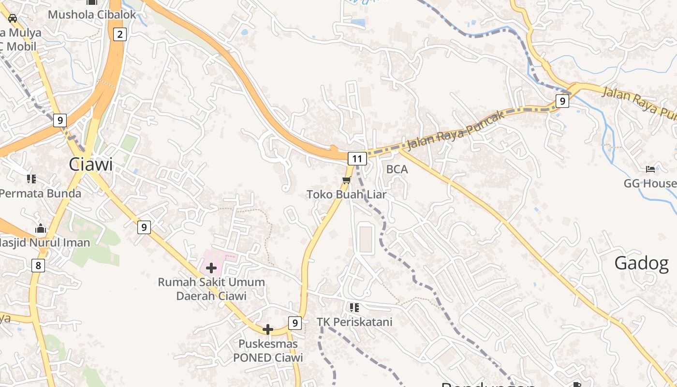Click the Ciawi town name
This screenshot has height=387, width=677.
tap(90, 164)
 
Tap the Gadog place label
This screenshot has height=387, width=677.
tap(641, 263)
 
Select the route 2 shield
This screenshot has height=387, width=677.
tap(119, 34)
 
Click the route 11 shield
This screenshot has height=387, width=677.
tap(357, 158)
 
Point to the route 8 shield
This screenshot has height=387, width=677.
tap(38, 265)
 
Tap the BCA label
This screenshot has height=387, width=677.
tap(397, 169)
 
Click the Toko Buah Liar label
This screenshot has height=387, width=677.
tap(346, 194)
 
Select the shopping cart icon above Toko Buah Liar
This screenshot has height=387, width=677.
tap(346, 180)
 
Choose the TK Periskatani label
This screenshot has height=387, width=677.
tap(354, 322)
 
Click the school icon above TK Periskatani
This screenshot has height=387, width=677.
tap(354, 307)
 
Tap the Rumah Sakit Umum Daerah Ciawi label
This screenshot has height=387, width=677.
tap(211, 289)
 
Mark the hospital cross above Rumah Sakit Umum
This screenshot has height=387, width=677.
tap(211, 268)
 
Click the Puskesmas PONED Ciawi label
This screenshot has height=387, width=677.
tap(268, 351)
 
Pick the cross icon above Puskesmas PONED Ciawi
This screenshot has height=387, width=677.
tap(267, 329)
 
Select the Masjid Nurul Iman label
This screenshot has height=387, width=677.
tap(45, 242)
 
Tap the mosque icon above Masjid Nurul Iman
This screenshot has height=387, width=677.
tap(41, 228)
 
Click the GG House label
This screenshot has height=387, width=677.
tap(649, 183)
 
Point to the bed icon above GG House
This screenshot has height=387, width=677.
tap(650, 169)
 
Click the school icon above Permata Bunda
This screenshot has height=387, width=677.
tap(32, 179)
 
